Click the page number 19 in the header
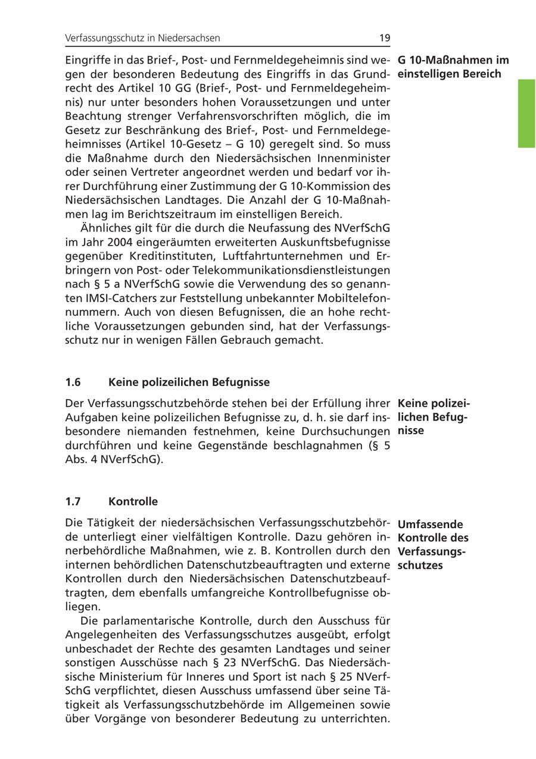[x=384, y=38]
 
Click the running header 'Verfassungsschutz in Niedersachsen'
[x=143, y=38]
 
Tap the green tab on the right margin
[x=526, y=113]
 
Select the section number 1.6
[x=73, y=382]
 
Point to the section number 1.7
[x=73, y=501]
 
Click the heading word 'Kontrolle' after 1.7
[x=133, y=501]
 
